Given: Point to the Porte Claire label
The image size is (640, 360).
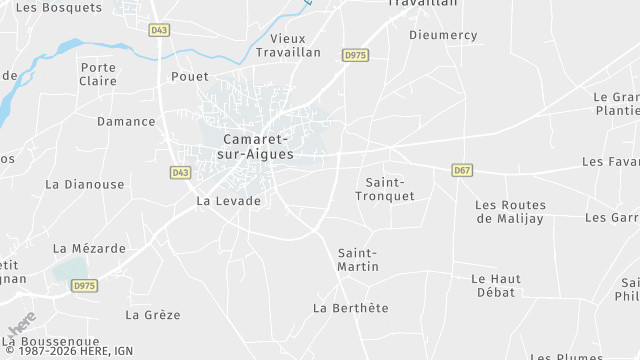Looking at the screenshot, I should (x=98, y=74).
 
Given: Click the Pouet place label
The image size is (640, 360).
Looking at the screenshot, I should (x=190, y=77).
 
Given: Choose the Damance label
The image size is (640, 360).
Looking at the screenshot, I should (x=126, y=122).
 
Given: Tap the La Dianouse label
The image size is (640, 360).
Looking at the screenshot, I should (x=85, y=184).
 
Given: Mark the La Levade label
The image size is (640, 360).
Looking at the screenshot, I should (x=228, y=201).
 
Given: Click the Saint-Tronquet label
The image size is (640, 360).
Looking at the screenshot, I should (x=385, y=189).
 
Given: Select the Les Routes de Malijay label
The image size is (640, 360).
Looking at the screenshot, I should (x=511, y=211).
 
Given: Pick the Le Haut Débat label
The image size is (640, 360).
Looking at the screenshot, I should (x=493, y=285).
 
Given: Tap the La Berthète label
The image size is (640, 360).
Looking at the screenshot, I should (x=351, y=308).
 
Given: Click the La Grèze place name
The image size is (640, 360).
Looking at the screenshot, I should (x=153, y=314).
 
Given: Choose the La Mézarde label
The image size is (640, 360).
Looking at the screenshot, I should (x=90, y=248).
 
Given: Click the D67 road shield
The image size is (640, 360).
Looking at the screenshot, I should (x=462, y=170).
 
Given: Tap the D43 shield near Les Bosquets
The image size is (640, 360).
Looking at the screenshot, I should (x=158, y=30).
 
